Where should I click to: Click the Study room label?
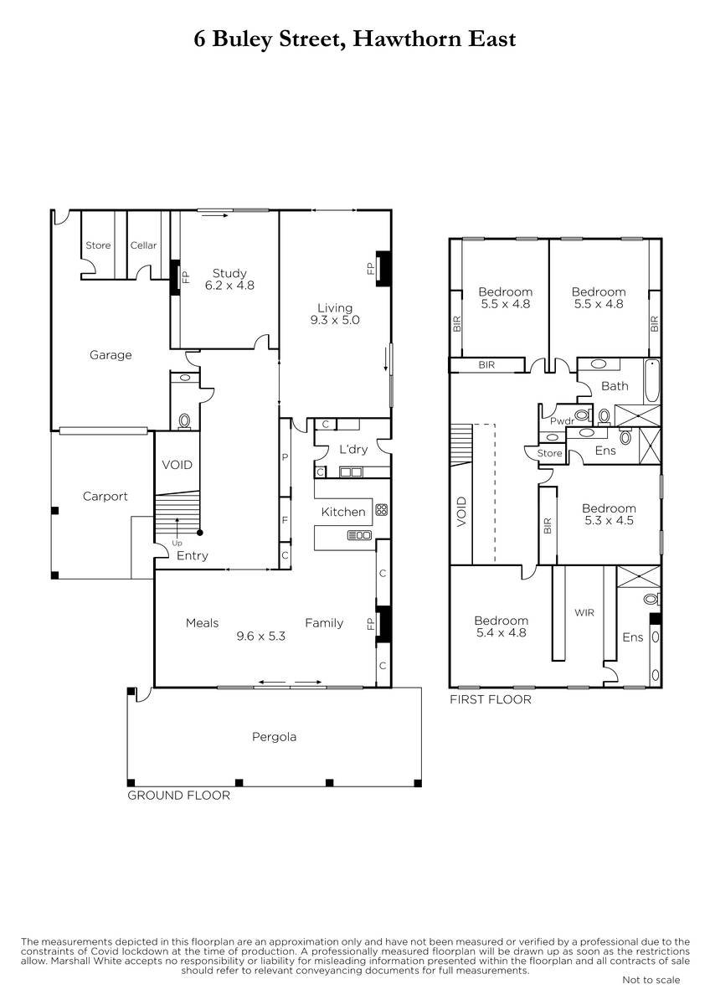pos(229,273)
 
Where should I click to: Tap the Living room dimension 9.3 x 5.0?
pos(335,320)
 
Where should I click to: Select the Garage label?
pos(111,355)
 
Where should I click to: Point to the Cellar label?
pos(143,245)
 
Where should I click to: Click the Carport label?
pos(105,496)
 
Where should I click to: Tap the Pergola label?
pos(274,737)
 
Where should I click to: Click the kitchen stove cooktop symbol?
pos(381,509)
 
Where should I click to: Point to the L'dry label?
pos(353,449)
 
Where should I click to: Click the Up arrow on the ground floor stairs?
pos(177,525)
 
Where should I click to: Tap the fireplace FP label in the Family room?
pos(370,624)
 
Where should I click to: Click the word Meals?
pos(202,623)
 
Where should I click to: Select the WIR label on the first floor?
pos(584,612)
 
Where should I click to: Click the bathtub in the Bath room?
pos(651,381)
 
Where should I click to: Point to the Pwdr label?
pos(562,421)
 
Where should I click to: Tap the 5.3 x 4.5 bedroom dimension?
pos(609,520)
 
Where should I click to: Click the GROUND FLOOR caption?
pos(178,796)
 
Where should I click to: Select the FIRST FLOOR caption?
pos(491,699)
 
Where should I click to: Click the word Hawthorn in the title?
pos(408,39)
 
